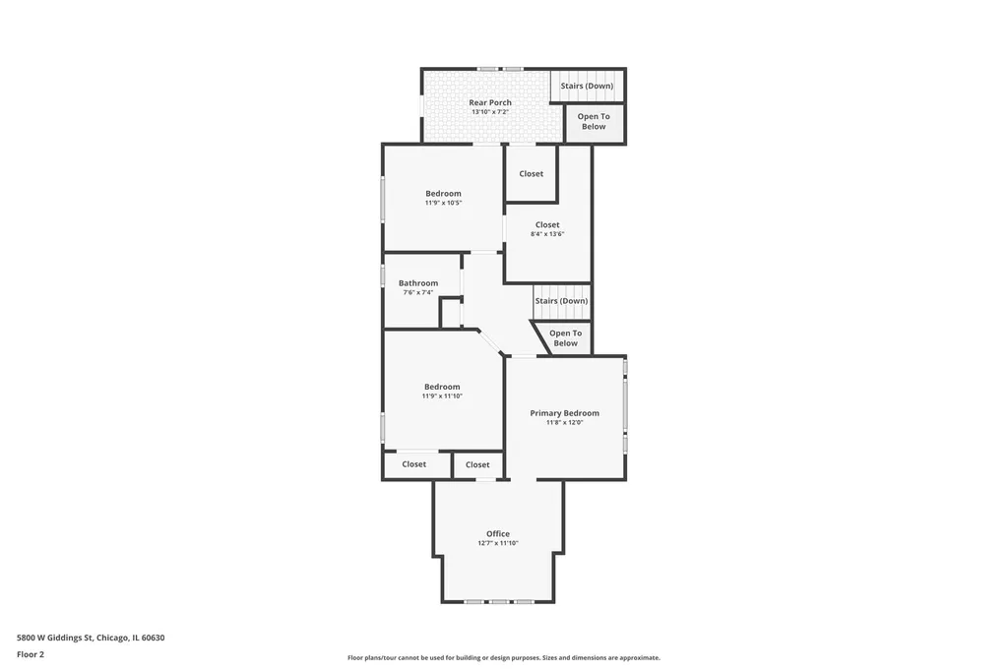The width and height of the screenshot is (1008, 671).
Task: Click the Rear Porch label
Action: [x=490, y=102]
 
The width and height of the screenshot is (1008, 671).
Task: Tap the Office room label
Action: [x=497, y=533]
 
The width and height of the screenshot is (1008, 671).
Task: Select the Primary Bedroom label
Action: [x=564, y=413]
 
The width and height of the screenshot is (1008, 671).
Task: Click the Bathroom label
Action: [x=417, y=282]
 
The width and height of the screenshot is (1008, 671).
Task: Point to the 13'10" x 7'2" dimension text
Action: [x=490, y=112]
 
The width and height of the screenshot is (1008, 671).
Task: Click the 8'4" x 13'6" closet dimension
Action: [x=547, y=234]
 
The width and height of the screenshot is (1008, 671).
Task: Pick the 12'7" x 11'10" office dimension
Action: [x=497, y=543]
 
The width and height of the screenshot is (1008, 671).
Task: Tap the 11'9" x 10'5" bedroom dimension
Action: [x=443, y=203]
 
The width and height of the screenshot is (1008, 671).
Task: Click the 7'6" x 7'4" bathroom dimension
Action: [x=417, y=292]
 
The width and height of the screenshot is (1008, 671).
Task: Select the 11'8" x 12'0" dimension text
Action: [x=564, y=422]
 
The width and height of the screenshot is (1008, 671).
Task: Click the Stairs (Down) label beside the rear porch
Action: [x=587, y=86]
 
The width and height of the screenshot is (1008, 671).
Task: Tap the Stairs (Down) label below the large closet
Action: [x=561, y=301]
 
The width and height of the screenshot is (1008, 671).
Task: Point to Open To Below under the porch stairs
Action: [x=594, y=121]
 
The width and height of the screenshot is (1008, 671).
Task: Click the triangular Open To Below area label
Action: [x=565, y=338]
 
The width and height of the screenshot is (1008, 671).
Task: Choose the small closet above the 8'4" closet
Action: [x=531, y=173]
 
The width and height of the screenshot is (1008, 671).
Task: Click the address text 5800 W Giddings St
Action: [x=55, y=638]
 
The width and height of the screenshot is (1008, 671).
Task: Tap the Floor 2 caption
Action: [x=31, y=654]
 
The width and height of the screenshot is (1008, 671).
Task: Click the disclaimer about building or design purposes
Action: [x=504, y=657]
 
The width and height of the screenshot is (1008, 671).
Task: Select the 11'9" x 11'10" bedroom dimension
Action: [x=442, y=396]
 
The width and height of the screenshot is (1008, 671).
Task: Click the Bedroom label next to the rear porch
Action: [x=443, y=194]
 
